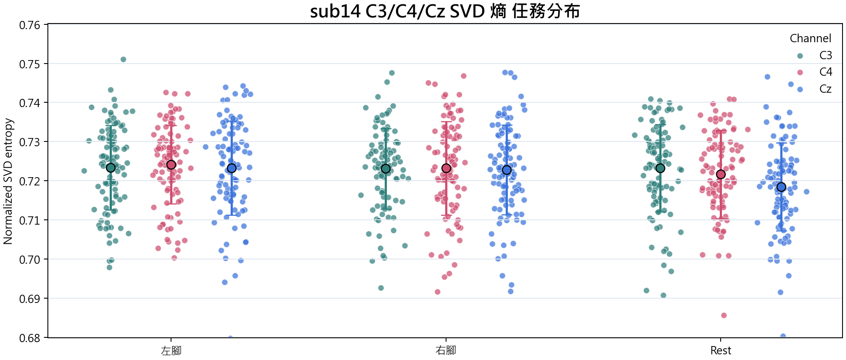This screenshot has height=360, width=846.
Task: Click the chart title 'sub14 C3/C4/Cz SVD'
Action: click(397, 11)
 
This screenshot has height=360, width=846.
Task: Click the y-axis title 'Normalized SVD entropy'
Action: click(8, 181)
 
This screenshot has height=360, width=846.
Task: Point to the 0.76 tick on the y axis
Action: click(30, 25)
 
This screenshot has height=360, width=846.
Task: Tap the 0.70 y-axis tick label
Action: click(30, 260)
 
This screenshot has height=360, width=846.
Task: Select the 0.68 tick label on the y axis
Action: click(30, 338)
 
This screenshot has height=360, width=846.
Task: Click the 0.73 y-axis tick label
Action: click(30, 142)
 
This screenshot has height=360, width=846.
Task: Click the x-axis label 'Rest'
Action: click(721, 350)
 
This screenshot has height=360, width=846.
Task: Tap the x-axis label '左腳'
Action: click(171, 350)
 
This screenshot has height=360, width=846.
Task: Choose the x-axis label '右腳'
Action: click(446, 350)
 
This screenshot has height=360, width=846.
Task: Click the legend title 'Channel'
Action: click(810, 38)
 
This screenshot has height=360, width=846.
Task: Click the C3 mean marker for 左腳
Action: click(111, 168)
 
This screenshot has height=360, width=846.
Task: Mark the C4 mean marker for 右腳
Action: click(446, 168)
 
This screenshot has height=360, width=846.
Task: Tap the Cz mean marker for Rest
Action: click(781, 187)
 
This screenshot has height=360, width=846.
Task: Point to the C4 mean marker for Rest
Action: click(721, 174)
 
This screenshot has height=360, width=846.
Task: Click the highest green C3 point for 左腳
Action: click(123, 59)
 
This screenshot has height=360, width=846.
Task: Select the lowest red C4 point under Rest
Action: click(724, 315)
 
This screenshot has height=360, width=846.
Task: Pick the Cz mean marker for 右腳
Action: click(507, 170)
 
